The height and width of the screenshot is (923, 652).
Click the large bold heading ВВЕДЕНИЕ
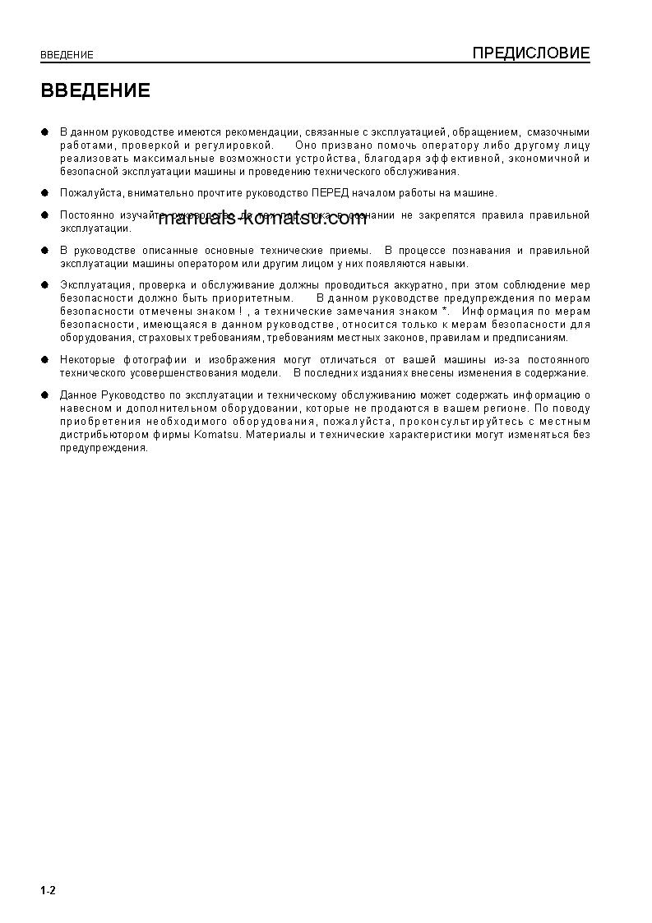click(x=95, y=90)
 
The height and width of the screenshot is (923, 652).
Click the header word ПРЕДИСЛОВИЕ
click(x=531, y=53)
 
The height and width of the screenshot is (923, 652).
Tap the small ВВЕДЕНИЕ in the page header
click(x=67, y=55)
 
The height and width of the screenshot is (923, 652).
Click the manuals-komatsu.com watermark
click(x=261, y=219)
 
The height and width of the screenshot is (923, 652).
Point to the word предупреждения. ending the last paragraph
click(x=104, y=448)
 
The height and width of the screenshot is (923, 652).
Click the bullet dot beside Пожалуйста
click(x=45, y=193)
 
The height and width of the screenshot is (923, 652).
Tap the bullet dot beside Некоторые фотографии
click(x=45, y=360)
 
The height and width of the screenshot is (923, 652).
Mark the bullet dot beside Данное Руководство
click(x=45, y=395)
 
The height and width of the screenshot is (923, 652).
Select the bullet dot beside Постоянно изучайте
click(x=45, y=215)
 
